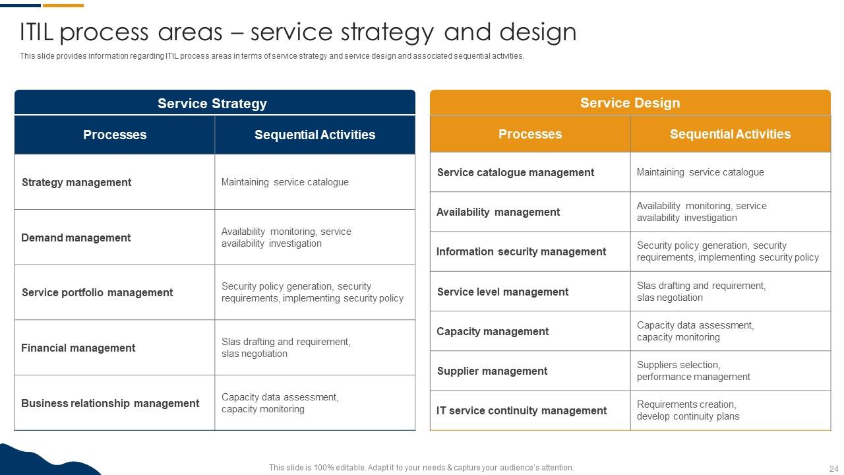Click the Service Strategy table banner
[212, 104]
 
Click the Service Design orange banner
[630, 103]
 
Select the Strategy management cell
[76, 182]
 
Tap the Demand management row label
[76, 237]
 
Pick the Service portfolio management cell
[97, 292]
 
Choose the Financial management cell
[78, 348]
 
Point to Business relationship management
[110, 403]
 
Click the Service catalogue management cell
[516, 172]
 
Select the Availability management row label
[498, 212]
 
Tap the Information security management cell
[521, 251]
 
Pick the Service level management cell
[502, 292]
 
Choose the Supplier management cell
[492, 371]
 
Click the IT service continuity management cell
[521, 410]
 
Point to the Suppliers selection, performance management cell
[693, 371]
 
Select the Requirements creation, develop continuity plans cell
[688, 410]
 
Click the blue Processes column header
[115, 135]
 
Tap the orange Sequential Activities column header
[730, 134]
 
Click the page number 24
[833, 468]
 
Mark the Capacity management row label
[492, 331]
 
